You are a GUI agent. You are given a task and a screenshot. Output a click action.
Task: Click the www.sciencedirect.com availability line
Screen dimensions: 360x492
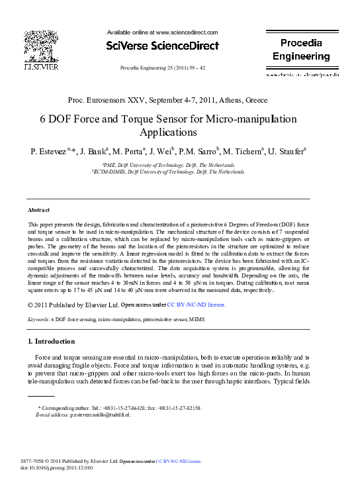point(162,32)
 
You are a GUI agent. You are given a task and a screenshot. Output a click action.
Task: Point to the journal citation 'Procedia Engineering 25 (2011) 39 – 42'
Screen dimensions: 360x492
point(162,68)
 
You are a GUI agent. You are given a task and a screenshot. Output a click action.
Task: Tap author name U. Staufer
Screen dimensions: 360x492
point(285,152)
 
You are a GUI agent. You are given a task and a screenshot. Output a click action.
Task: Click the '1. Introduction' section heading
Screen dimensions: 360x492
point(51,342)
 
